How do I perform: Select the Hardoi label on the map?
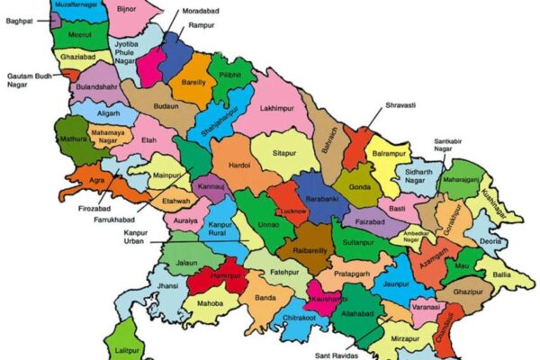click(239, 166)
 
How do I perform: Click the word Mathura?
click(73, 139)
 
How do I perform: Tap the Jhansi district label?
click(167, 285)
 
